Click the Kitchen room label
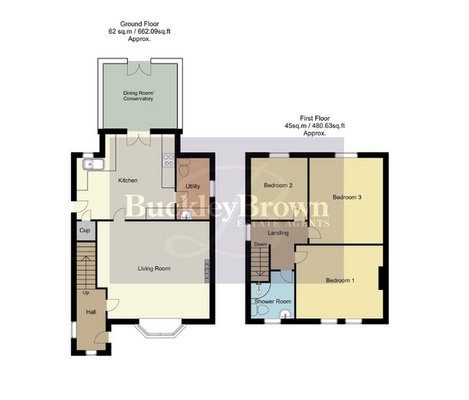128,180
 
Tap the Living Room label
154,269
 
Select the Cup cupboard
86,230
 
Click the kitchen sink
93,164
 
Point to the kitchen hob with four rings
168,160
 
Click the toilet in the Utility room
184,167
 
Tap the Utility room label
193,186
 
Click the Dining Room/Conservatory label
138,96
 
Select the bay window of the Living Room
160,331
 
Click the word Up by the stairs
86,292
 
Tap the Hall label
91,312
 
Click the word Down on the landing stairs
261,244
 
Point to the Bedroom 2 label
278,186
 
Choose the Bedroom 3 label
347,197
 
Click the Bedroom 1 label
340,281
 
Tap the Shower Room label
273,302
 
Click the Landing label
278,233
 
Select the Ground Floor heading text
139,24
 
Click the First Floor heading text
315,118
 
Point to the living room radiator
207,271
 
